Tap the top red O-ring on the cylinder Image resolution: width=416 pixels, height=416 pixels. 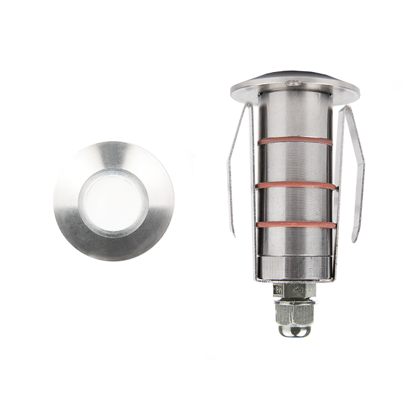pyautogui.click(x=295, y=141)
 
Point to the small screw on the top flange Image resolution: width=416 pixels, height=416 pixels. pyautogui.click(x=292, y=83)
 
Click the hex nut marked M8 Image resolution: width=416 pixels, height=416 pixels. pyautogui.click(x=295, y=290)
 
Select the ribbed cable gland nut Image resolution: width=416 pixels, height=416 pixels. pyautogui.click(x=295, y=313)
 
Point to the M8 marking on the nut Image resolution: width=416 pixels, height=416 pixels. pyautogui.click(x=278, y=290)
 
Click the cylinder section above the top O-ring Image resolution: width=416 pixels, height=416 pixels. pyautogui.click(x=295, y=116)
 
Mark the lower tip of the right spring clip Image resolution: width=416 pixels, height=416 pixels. pyautogui.click(x=354, y=239)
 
